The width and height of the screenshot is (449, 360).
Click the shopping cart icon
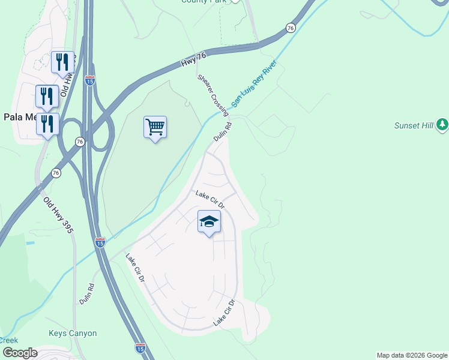[x=155, y=127]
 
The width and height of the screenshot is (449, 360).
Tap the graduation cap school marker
[x=209, y=221]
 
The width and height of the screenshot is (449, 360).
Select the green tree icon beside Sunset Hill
[x=442, y=124]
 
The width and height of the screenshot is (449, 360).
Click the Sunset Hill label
[x=414, y=125]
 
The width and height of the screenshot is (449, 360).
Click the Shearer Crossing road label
[x=212, y=95]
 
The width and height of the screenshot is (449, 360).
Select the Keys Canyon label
[x=72, y=333]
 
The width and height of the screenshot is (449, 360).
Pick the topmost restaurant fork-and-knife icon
[x=62, y=61]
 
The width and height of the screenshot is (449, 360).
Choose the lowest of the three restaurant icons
[x=47, y=124]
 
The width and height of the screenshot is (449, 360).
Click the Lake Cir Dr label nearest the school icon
[x=209, y=200]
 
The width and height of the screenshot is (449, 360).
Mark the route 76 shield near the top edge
[x=291, y=28]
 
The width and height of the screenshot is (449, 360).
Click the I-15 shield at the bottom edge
[x=140, y=347]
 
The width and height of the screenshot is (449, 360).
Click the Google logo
[x=20, y=353]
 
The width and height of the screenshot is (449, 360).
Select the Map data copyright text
[x=412, y=355]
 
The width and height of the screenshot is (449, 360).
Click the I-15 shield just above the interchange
[x=89, y=81]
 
